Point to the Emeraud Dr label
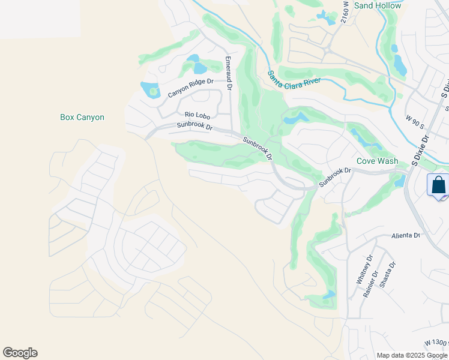(x=228, y=73)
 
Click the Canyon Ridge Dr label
(x=190, y=88)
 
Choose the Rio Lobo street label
(x=197, y=114)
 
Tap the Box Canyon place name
(x=82, y=117)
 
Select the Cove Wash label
(x=377, y=161)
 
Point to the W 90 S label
(x=414, y=122)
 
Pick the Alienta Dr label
(x=406, y=236)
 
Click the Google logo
(x=20, y=353)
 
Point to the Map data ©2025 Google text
(x=412, y=355)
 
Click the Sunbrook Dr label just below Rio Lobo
(x=195, y=127)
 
